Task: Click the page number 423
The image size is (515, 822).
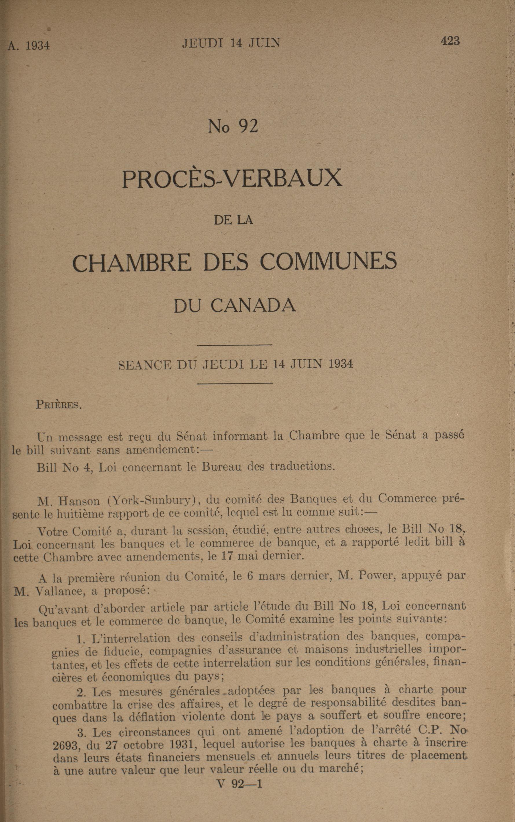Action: [x=450, y=41]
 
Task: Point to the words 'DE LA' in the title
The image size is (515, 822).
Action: [x=233, y=220]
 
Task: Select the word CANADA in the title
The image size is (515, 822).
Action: [x=253, y=305]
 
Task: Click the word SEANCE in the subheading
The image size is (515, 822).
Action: [x=145, y=365]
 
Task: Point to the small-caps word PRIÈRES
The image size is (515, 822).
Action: [x=58, y=405]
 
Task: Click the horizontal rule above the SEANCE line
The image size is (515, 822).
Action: [x=235, y=345]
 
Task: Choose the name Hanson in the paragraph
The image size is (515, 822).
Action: [x=79, y=501]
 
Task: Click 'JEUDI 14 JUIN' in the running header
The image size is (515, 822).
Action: [x=231, y=43]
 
